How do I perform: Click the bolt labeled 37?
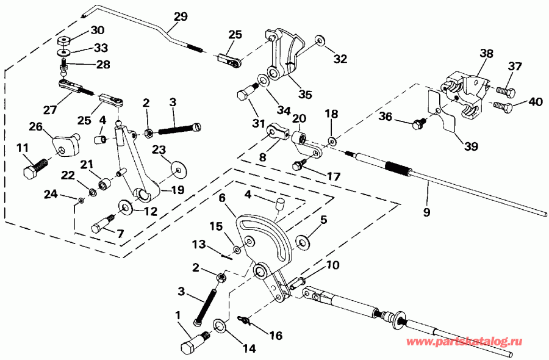click(x=503, y=91)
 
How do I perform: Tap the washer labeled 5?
click(x=301, y=242)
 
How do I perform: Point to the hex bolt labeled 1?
click(x=192, y=344)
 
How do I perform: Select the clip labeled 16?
click(x=245, y=320)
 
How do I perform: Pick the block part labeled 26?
click(x=65, y=144)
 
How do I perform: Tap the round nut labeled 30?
click(x=64, y=42)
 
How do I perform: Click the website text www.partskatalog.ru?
click(x=473, y=343)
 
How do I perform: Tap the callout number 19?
click(x=177, y=189)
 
